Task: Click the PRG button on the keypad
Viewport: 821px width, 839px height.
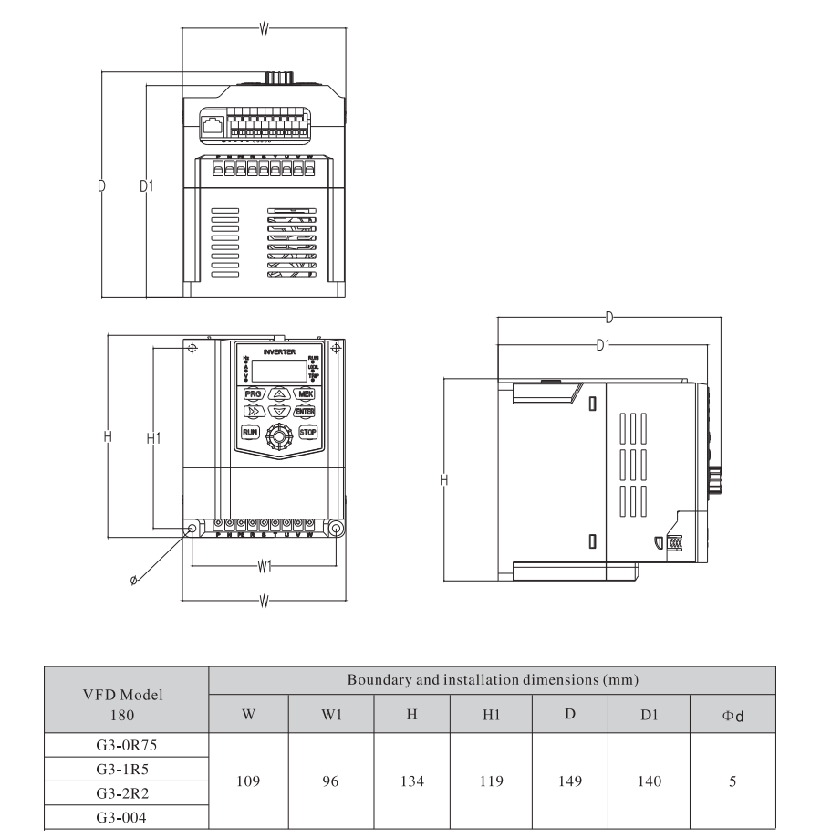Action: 251,393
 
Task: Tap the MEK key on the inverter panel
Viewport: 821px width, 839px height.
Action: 303,393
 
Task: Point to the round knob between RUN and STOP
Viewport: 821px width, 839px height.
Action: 277,436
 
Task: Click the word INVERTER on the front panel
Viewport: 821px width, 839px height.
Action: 278,351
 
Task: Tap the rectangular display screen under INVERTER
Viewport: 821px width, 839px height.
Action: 278,370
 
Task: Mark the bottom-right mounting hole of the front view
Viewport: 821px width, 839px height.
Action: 336,530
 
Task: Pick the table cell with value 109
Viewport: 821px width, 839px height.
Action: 248,783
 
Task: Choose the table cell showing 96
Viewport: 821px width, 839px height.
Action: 330,783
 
